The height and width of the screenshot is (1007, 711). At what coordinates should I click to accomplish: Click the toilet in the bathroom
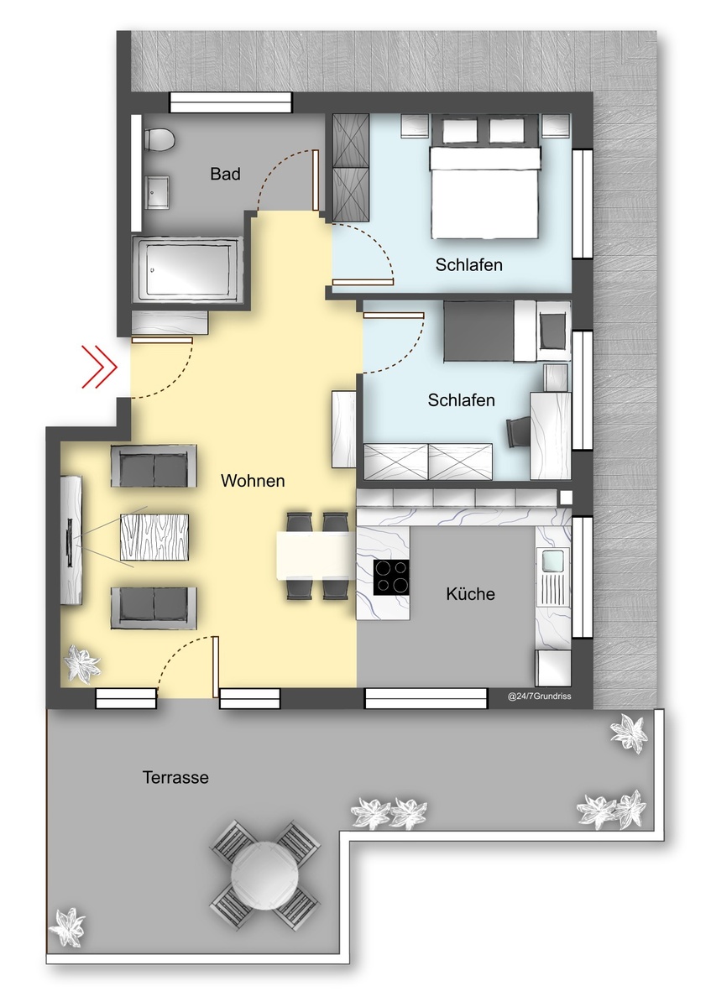pyautogui.click(x=159, y=139)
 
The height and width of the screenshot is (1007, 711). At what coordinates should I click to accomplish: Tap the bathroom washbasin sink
pyautogui.click(x=157, y=192)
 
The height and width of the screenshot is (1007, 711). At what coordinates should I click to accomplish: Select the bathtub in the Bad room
pyautogui.click(x=187, y=269)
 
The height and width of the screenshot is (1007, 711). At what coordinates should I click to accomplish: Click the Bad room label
pyautogui.click(x=225, y=174)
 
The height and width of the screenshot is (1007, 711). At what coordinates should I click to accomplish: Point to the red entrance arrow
pyautogui.click(x=99, y=367)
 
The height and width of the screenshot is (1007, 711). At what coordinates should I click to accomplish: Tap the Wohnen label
pyautogui.click(x=253, y=481)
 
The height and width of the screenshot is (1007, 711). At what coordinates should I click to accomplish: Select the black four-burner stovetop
pyautogui.click(x=391, y=577)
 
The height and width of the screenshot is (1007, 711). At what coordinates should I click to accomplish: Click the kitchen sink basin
pyautogui.click(x=552, y=561)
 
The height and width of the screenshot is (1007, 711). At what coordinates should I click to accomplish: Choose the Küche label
pyautogui.click(x=470, y=594)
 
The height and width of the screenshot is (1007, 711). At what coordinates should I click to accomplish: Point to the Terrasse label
pyautogui.click(x=175, y=777)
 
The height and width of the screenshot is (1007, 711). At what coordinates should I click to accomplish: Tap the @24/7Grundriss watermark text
pyautogui.click(x=539, y=697)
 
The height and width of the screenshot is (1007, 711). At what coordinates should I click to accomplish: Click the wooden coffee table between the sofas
pyautogui.click(x=154, y=537)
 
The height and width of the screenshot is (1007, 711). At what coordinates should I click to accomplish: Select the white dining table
pyautogui.click(x=316, y=556)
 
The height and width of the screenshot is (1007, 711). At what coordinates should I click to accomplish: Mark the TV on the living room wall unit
pyautogui.click(x=70, y=543)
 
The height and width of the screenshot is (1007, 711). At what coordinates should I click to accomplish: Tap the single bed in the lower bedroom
pyautogui.click(x=507, y=331)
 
